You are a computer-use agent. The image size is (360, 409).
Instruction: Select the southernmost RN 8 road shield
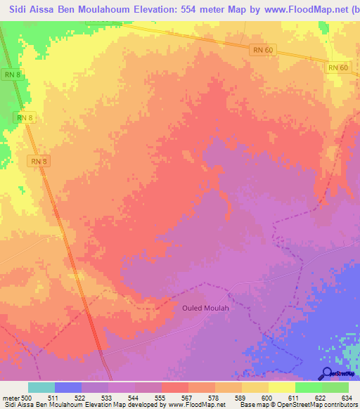point(39,161)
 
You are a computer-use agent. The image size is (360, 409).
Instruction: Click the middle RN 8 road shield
point(25,117)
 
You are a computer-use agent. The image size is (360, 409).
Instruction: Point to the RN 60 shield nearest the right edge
point(338,67)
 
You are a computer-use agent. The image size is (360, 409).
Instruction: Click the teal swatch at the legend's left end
point(41,388)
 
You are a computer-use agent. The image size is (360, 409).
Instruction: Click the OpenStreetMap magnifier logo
point(326,372)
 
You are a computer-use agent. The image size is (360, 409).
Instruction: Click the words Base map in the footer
point(254,405)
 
